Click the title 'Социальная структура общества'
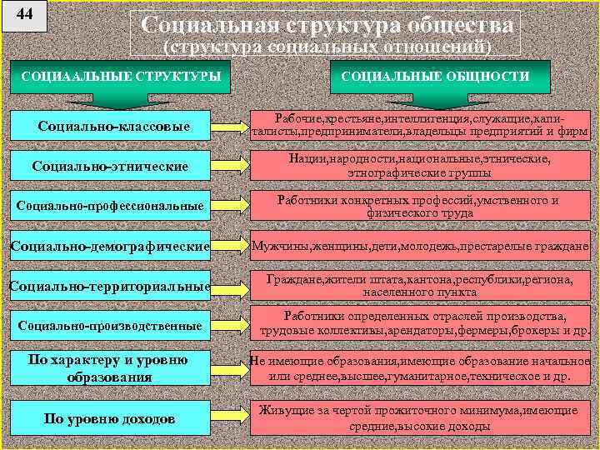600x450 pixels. pos(326,26)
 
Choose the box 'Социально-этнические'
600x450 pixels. pos(109,167)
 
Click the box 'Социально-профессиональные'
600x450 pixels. pos(110,205)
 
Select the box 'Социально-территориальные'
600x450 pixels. pos(109,286)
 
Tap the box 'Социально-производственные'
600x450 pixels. pos(110,326)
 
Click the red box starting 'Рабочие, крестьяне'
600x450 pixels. pos(420,125)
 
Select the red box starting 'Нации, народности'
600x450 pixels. pos(419,165)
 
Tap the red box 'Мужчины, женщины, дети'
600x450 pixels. pos(420,247)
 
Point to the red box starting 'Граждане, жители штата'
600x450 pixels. pos(420,286)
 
